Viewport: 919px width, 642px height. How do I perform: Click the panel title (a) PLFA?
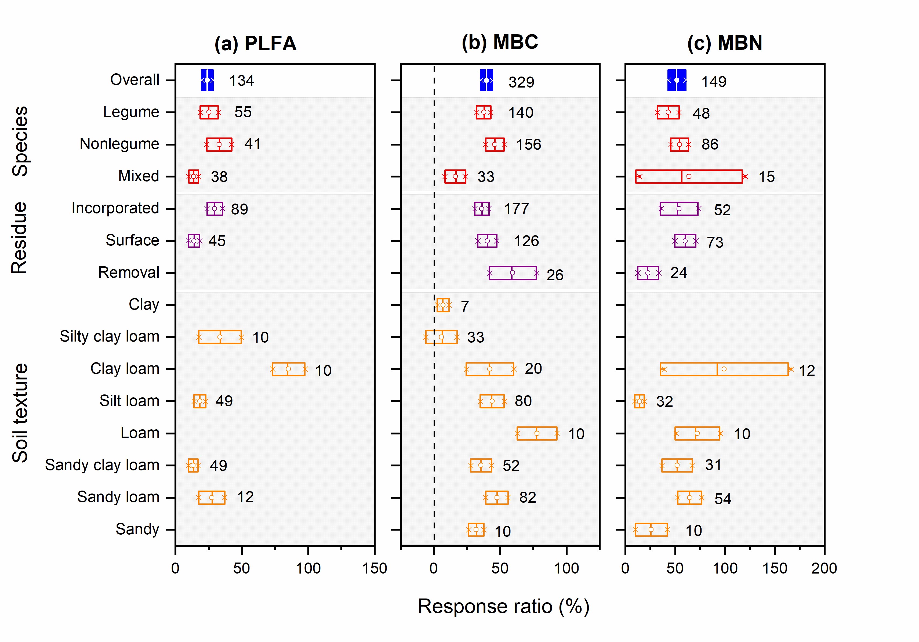click(x=255, y=43)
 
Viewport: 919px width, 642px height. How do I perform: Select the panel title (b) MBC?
click(x=500, y=42)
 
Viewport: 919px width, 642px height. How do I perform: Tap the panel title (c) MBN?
click(x=724, y=43)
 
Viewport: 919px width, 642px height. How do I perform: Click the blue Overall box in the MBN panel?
click(x=677, y=81)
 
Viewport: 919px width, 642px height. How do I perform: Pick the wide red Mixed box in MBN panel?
click(x=688, y=176)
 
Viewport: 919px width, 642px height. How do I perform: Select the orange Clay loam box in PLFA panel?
click(x=288, y=369)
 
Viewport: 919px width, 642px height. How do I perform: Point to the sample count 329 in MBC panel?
click(x=521, y=82)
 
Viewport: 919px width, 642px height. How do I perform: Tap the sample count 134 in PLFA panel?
click(x=241, y=81)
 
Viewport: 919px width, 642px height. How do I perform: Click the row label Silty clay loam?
click(x=109, y=337)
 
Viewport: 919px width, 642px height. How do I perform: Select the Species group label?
click(x=20, y=141)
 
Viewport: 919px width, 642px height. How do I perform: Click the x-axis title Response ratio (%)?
click(x=503, y=606)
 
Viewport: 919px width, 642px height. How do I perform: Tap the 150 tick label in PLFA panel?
click(x=374, y=568)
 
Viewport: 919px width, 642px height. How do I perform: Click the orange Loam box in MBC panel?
click(x=537, y=433)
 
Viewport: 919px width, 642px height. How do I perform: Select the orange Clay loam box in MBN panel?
click(x=724, y=369)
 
